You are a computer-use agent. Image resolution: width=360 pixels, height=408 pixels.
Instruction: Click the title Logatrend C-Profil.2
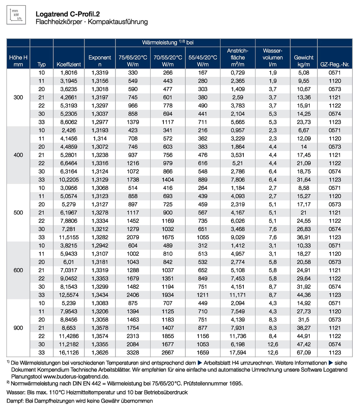click(68, 14)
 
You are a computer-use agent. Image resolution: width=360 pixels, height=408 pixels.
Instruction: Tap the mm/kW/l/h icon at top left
click(16, 15)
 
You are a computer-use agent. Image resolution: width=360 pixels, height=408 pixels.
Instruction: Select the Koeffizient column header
click(69, 65)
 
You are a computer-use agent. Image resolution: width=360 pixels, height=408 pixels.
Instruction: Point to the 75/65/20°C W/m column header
click(133, 61)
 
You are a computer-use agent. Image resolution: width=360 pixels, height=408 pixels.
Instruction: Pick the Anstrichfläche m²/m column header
click(238, 57)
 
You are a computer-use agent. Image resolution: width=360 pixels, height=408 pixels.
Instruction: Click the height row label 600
click(18, 270)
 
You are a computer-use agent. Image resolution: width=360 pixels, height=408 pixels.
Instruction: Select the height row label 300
click(18, 97)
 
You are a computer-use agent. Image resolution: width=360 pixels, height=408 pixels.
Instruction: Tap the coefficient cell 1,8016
click(69, 73)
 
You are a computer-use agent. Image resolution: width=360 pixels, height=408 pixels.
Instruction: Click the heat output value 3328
click(133, 352)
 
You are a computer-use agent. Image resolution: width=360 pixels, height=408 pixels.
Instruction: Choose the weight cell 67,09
click(303, 352)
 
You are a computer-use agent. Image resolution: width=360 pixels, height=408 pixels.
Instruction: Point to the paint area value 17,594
click(238, 352)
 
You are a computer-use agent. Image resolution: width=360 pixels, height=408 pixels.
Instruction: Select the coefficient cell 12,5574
click(69, 295)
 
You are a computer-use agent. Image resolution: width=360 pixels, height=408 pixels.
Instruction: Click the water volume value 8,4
click(273, 336)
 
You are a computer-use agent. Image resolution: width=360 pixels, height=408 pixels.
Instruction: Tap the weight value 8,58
click(303, 188)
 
